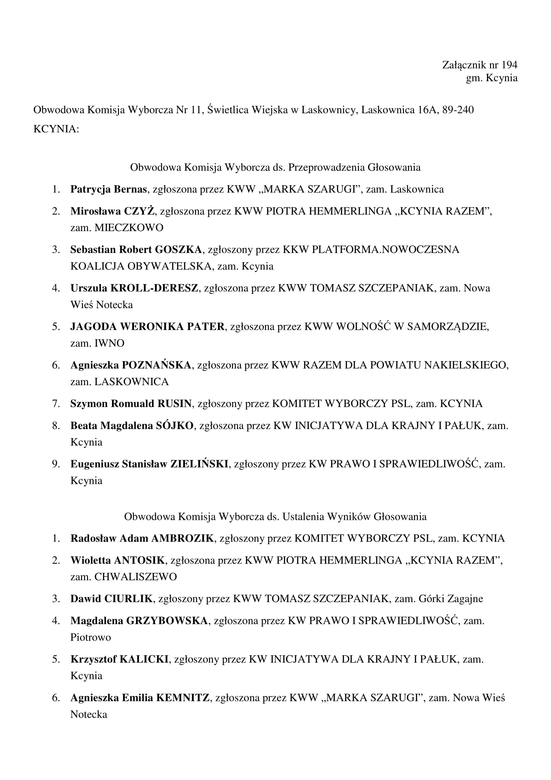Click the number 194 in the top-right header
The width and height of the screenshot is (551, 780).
(x=509, y=65)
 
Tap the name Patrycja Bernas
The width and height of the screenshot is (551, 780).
(x=108, y=189)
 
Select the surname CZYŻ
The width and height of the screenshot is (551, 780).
(x=139, y=211)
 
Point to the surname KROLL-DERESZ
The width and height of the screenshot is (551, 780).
(x=154, y=288)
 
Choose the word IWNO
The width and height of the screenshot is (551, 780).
(x=109, y=343)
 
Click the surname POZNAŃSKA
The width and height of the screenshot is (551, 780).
(x=157, y=365)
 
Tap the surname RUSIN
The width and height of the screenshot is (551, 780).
(x=175, y=404)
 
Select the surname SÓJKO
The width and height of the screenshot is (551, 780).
(x=175, y=426)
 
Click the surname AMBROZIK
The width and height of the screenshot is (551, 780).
(x=182, y=539)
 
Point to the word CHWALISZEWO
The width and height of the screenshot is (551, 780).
(x=135, y=577)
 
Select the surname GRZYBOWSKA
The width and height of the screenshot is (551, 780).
(x=167, y=621)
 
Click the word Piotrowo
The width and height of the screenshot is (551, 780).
(x=91, y=637)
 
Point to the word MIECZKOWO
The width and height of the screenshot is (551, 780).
(x=129, y=228)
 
